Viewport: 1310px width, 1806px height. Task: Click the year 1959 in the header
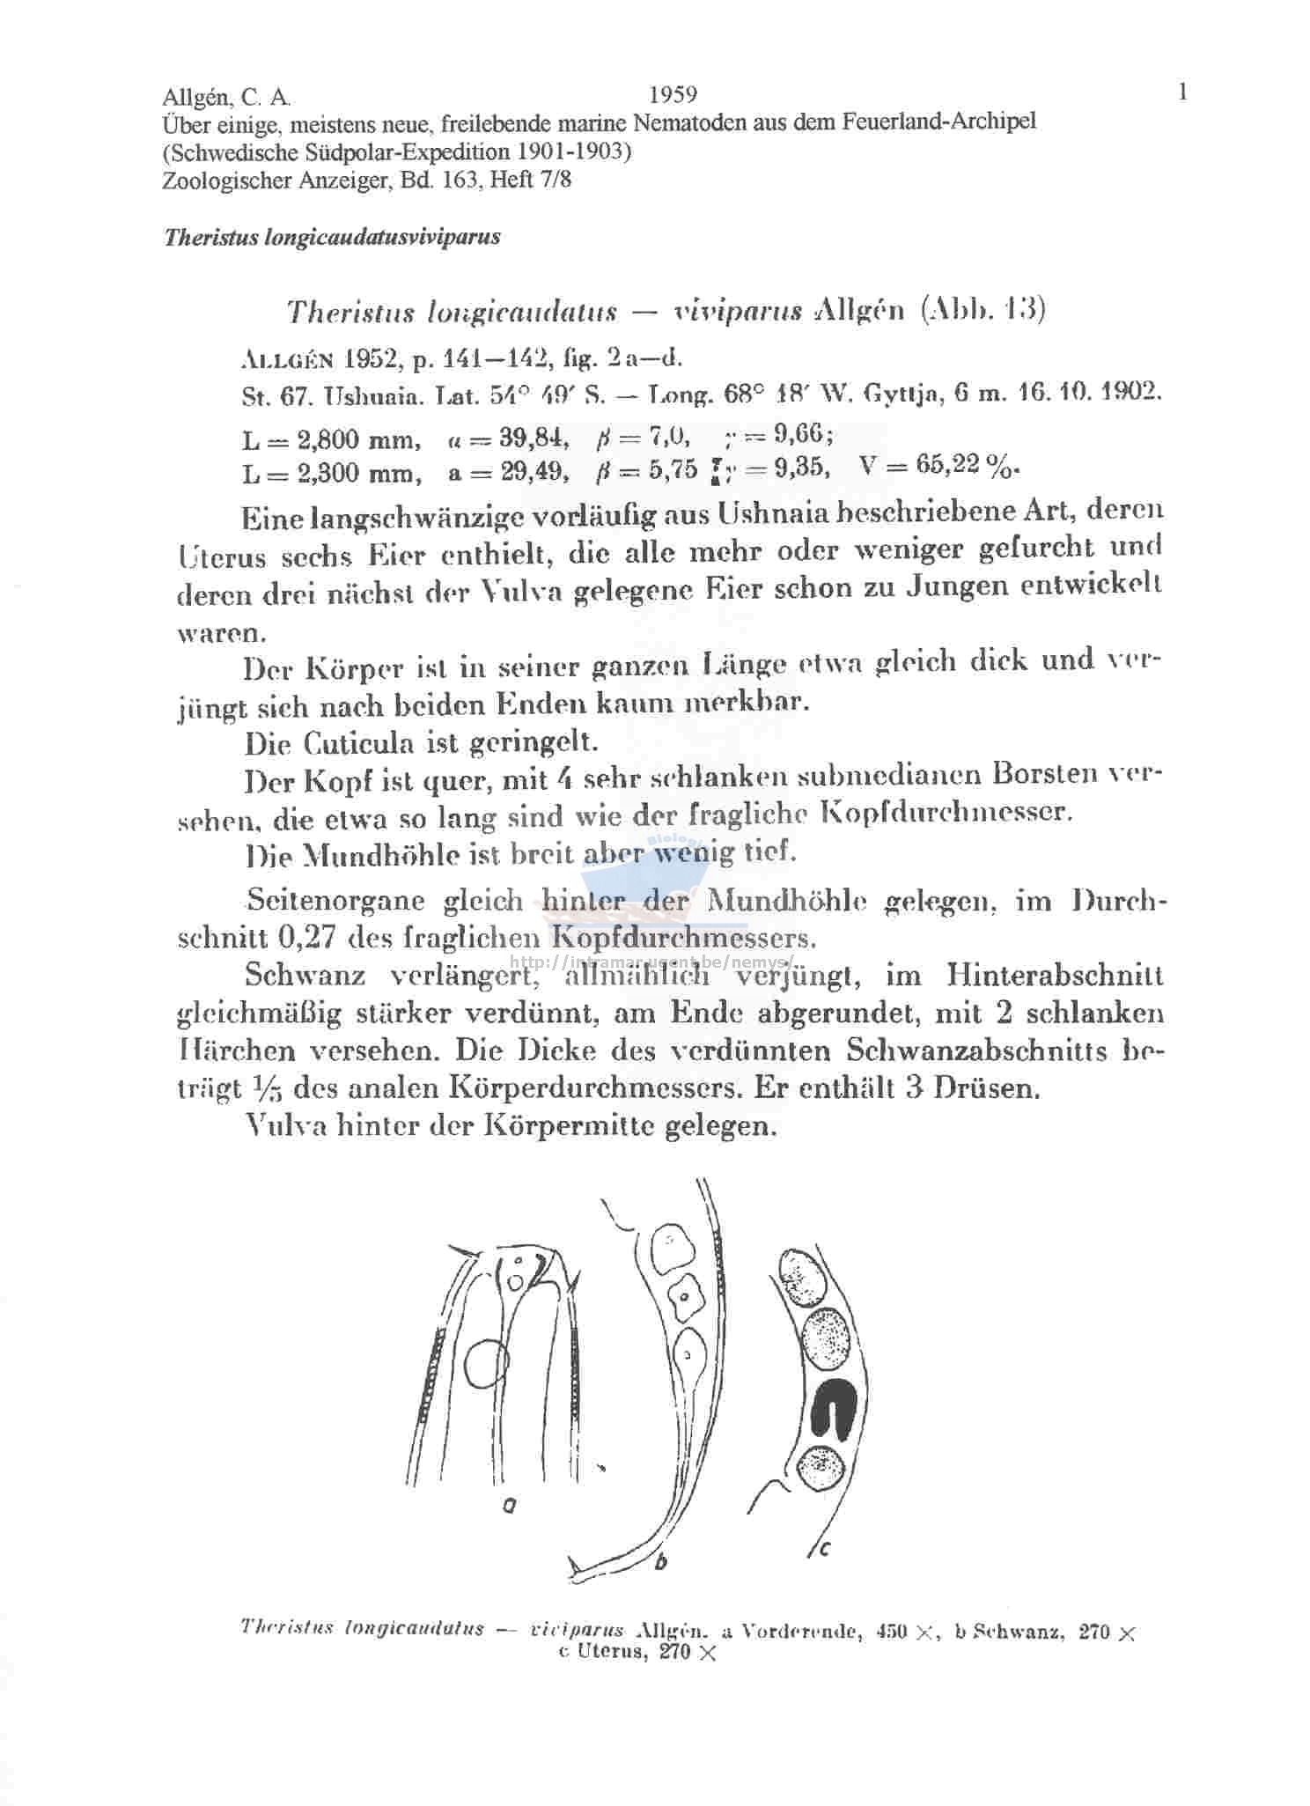click(672, 94)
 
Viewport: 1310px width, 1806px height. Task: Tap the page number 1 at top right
click(1182, 92)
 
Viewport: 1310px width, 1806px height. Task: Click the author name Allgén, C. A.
click(226, 97)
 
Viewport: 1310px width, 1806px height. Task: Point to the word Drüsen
click(987, 1088)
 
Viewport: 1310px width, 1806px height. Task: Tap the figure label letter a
click(509, 1507)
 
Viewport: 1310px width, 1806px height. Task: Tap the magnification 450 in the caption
click(893, 1630)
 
